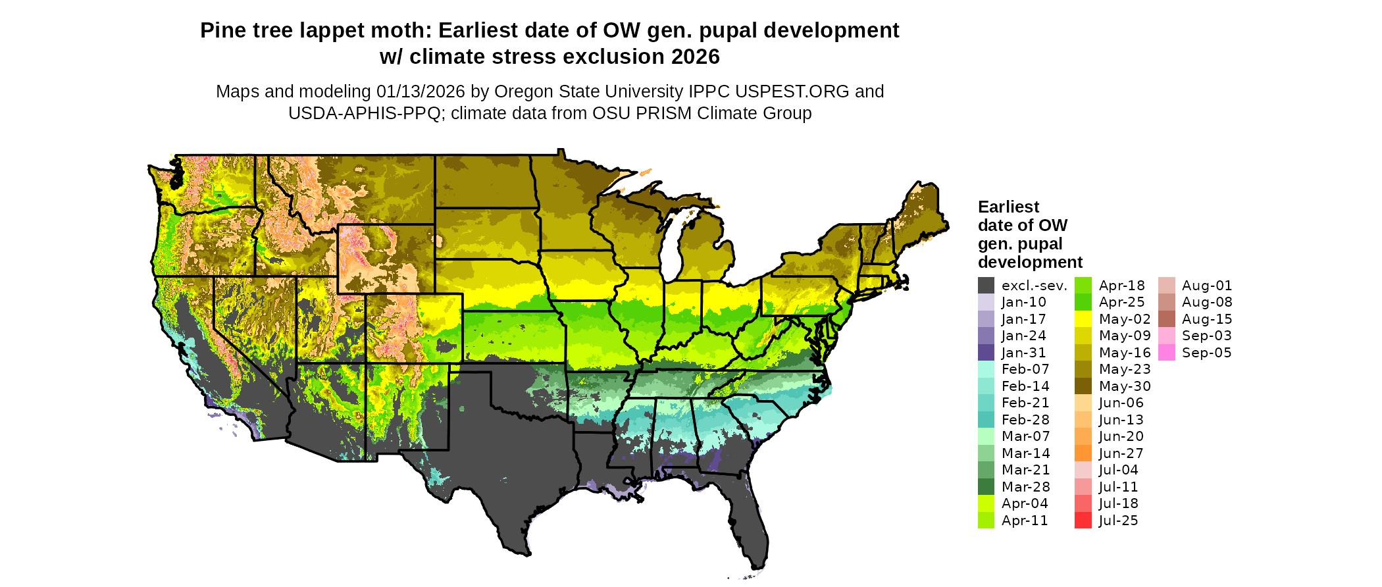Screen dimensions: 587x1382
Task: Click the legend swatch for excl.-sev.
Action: (986, 286)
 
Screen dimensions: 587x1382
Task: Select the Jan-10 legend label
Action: (1023, 302)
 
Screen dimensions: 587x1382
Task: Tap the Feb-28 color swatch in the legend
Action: (986, 420)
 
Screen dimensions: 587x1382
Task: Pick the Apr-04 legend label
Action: (1025, 503)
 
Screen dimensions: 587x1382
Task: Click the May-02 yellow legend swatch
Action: (1083, 319)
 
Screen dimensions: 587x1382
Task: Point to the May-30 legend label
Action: (1125, 386)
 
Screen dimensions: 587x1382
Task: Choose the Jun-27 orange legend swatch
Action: (1083, 453)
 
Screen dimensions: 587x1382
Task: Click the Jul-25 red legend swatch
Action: (1083, 521)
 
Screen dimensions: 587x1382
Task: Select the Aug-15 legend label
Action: (1207, 319)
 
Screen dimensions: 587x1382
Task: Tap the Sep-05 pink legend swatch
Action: (1166, 353)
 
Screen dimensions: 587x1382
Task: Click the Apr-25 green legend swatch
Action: (1083, 302)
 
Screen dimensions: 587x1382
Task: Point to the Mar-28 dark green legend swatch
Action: (986, 487)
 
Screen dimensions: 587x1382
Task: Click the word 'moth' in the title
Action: (405, 31)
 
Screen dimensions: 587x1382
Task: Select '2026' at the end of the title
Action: (696, 57)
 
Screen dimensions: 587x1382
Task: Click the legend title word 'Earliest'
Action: (1008, 207)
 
